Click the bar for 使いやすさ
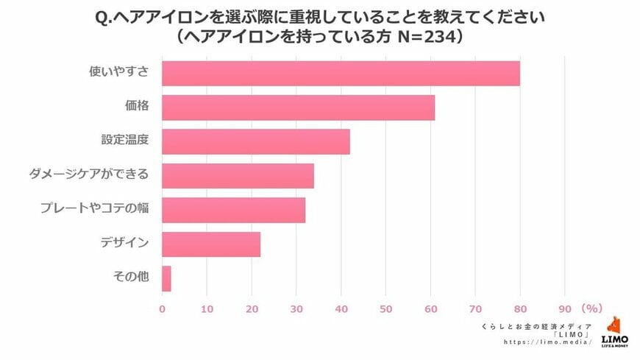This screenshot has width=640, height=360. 341,74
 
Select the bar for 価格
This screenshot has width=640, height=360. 298,107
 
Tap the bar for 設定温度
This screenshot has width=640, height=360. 255,141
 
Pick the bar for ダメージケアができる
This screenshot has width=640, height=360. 238,176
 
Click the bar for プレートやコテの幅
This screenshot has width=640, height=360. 233,210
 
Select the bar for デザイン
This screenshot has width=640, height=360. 211,244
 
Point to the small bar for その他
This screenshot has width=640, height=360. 166,278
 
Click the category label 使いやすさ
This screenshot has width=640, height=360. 121,72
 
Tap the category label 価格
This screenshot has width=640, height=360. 137,107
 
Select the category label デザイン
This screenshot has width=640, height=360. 125,244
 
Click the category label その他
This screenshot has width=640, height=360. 131,278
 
